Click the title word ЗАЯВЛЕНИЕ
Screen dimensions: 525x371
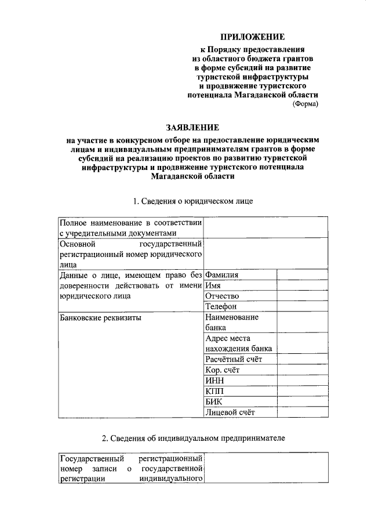click(x=191, y=128)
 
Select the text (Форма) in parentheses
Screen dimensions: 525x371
click(x=305, y=104)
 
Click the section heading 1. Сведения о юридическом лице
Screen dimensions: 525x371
click(x=192, y=201)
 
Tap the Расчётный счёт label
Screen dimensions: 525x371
click(x=234, y=359)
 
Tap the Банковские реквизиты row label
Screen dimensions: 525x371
click(x=101, y=318)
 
